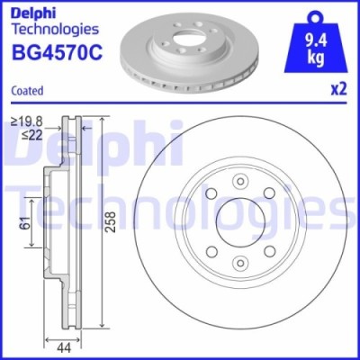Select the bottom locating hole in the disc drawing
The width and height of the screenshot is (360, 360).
coord(240,264)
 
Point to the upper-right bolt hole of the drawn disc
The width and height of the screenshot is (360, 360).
coord(269,196)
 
